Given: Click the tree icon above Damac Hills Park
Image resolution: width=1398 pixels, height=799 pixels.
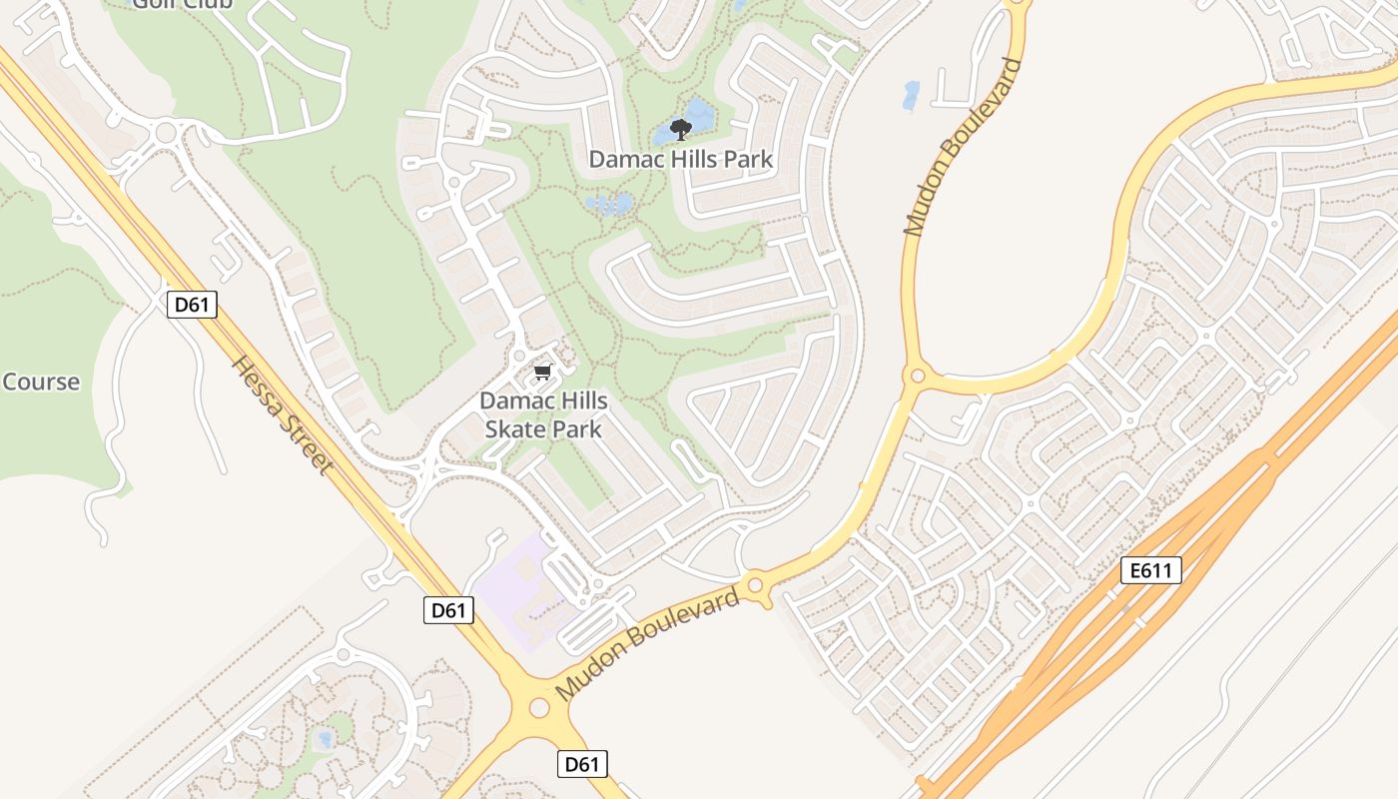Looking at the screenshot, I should point(681,129).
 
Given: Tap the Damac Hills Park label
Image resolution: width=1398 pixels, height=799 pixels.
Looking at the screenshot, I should point(680,159).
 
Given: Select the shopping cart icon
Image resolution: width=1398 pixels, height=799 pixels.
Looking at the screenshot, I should point(542,373).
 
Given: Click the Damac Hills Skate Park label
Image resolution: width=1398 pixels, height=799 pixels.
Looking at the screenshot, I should point(543,414).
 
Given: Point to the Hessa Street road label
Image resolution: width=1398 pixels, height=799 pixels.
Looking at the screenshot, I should point(281,414).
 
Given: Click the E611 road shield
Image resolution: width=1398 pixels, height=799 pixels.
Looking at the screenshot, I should point(1151,570).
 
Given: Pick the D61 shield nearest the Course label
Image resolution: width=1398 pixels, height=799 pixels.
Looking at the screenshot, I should point(191,304).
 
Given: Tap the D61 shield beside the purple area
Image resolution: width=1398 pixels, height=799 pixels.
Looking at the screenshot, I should point(448,610).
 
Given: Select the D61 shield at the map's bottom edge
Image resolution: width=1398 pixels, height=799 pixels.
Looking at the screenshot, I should point(581,764).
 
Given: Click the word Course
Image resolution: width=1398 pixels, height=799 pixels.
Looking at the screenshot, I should point(41,382).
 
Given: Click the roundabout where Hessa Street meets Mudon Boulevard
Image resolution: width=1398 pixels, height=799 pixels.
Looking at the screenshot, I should point(539,707).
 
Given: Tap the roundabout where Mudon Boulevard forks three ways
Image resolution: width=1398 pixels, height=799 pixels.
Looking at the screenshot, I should point(917,377).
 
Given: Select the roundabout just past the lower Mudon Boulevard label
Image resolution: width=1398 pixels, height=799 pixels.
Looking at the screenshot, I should point(755,584).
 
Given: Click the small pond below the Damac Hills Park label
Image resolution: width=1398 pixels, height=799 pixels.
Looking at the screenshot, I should point(610,205).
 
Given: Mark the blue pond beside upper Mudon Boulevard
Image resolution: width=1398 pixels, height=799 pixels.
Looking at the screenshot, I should point(911,95).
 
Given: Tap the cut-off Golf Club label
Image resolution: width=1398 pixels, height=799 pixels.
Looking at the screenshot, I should point(183,4).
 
